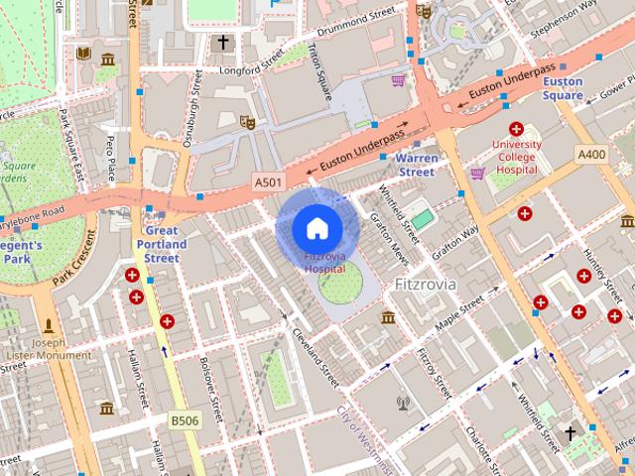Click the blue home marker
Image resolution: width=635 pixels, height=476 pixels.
(317, 228)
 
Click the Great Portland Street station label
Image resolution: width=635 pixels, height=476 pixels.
(162, 244)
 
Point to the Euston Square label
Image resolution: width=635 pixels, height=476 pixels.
(563, 88)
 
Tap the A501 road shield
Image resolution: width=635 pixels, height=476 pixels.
(268, 182)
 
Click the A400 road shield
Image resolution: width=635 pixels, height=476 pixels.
(592, 154)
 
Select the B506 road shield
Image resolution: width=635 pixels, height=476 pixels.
(184, 420)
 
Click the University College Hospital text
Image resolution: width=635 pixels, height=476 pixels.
(516, 156)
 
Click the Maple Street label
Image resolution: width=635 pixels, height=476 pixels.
(458, 307)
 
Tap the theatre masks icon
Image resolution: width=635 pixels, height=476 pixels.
(247, 122)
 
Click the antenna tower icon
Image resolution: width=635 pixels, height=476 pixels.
(403, 403)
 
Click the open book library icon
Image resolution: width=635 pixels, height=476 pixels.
(83, 53)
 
